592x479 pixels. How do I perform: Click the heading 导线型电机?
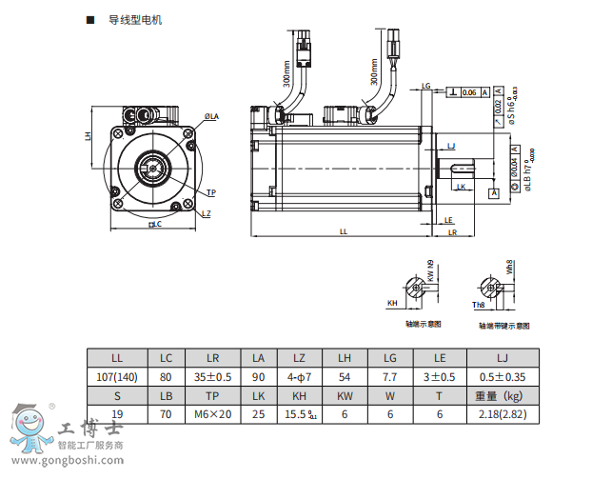coord(134,19)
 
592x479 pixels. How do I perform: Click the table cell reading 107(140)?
coord(118,377)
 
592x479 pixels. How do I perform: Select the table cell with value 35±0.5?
coord(212,377)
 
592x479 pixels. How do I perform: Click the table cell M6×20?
coord(212,414)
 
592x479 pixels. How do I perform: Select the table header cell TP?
coord(212,395)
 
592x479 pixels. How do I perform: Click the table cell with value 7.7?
coord(390,377)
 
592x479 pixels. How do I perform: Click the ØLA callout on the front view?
coord(211,116)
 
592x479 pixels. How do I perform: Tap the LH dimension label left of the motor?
coord(88,135)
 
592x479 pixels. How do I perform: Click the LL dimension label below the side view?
coord(344,231)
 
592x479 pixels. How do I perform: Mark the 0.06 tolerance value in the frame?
coord(468,92)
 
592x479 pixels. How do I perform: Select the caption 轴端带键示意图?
coord(503,325)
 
